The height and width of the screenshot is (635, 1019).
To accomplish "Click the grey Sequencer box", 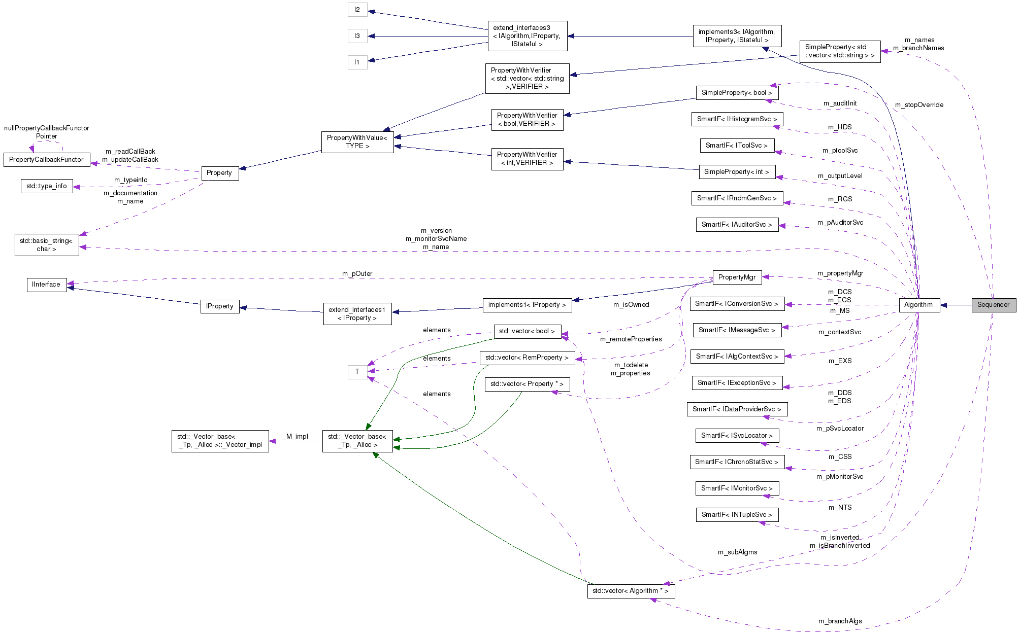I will click(993, 305).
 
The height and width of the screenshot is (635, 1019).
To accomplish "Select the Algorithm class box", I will click(918, 305).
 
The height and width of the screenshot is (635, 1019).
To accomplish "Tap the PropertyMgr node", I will click(737, 277).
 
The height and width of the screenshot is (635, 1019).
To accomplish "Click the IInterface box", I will click(46, 285).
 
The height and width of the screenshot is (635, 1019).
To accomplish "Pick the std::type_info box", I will click(47, 186).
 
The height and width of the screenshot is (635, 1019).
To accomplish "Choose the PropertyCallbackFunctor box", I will click(46, 160).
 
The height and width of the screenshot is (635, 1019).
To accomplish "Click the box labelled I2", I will click(357, 10).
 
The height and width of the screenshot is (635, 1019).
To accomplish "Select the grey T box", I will click(357, 372).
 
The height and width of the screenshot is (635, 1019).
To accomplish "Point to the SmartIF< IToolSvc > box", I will click(737, 146).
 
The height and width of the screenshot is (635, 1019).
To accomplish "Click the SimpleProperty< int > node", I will click(737, 172).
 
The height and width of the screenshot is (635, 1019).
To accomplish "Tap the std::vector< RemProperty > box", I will click(527, 358).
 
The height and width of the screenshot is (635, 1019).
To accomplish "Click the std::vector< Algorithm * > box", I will click(631, 591).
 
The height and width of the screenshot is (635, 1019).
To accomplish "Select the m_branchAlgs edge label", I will click(840, 621).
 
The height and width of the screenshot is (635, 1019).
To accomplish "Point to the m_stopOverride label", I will click(919, 105).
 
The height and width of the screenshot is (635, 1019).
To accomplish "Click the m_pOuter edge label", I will click(357, 274).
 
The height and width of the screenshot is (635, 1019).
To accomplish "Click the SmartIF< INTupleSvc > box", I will click(737, 515).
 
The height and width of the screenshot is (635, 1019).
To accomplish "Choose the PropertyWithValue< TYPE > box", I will click(357, 142).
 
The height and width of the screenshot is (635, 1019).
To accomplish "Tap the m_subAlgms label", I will click(737, 552).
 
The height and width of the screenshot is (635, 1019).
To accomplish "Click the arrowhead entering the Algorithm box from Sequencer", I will click(944, 305).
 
